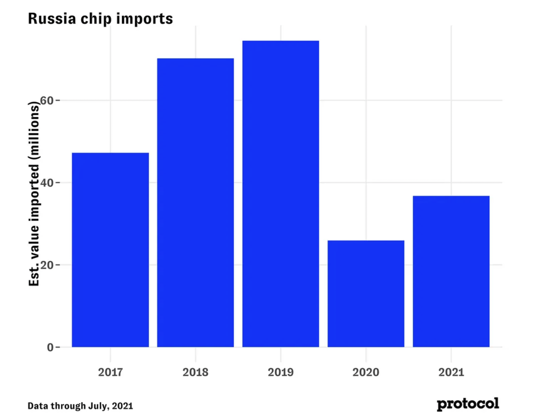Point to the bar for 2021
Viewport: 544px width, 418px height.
451,271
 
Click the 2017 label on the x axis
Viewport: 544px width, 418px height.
110,372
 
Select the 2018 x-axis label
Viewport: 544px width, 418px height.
195,372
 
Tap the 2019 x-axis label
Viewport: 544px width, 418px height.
280,372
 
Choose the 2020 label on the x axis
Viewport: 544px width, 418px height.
366,372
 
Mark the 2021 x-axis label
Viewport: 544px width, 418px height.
451,372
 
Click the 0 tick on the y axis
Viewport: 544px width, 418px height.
50,347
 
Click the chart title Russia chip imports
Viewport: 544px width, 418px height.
100,19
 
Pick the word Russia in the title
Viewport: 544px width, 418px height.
52,19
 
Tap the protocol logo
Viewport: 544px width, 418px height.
468,404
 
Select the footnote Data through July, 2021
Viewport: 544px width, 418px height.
80,406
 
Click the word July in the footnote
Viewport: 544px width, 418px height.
98,406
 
